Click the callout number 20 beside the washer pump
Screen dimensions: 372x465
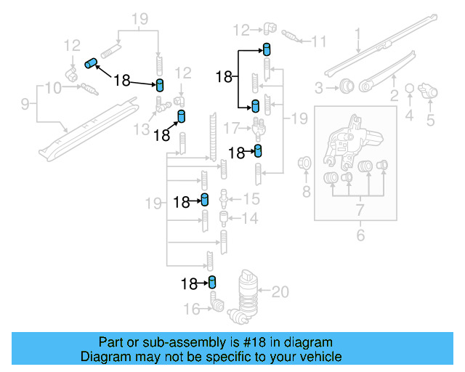click(x=280, y=292)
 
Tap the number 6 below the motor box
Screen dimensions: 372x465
click(x=358, y=235)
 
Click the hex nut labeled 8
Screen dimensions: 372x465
click(x=306, y=163)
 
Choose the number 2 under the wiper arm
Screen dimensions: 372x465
click(x=395, y=95)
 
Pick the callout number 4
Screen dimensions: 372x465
click(x=409, y=116)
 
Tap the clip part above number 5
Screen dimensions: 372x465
click(x=430, y=92)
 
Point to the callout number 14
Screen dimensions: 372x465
click(x=249, y=219)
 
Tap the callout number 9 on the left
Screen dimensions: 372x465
click(x=25, y=105)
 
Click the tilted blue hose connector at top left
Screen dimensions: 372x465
click(x=92, y=62)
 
